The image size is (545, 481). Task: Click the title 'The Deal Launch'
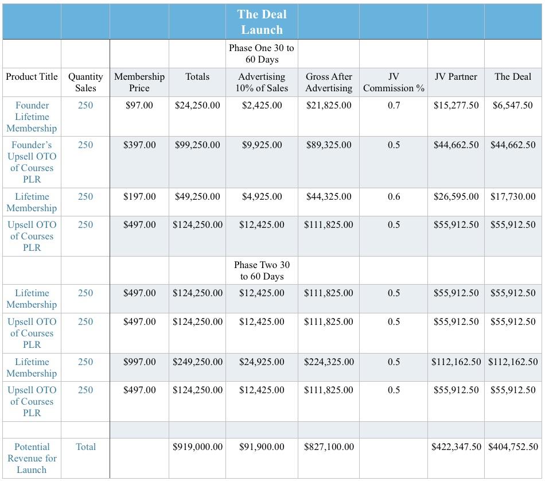[262, 22]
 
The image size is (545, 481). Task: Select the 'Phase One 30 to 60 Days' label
[261, 53]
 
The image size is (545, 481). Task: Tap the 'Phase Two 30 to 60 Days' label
[262, 270]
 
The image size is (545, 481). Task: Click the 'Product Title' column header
[32, 76]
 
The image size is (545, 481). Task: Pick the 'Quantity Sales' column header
[85, 82]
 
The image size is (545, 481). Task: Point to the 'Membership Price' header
[139, 82]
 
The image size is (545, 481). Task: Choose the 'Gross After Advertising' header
[329, 82]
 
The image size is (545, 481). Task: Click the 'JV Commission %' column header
[394, 82]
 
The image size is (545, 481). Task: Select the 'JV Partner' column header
[456, 76]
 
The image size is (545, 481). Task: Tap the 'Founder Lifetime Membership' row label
[32, 117]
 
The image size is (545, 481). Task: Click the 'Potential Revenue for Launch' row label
[32, 458]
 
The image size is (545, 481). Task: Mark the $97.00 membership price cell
[139, 105]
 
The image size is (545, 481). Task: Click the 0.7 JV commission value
[394, 105]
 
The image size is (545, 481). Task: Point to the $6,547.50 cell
[513, 105]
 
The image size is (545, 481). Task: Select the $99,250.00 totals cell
[197, 145]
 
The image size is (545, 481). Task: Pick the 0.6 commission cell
[394, 196]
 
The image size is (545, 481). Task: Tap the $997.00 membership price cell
[139, 362]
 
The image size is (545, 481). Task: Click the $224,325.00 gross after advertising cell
[329, 362]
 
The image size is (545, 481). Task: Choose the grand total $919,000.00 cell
[197, 447]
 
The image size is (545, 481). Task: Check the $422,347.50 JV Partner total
[456, 447]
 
